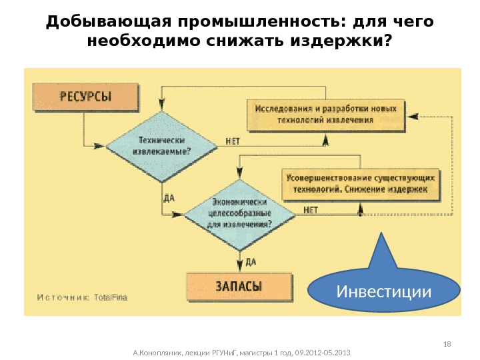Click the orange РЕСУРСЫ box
(x=85, y=97)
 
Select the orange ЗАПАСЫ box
(x=239, y=286)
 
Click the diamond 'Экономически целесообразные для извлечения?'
(x=240, y=213)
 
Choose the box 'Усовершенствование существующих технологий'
(x=361, y=183)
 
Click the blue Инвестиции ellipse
(x=385, y=291)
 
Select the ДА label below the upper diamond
(x=169, y=198)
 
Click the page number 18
(x=447, y=343)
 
